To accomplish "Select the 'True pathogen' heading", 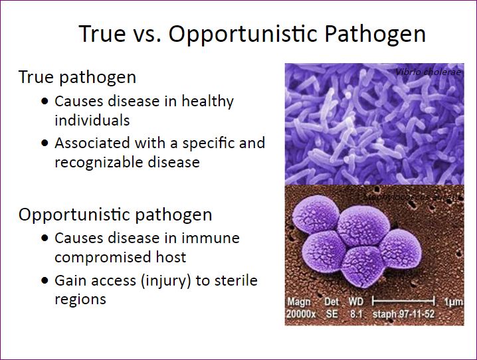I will pos(77,77).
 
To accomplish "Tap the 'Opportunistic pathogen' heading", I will pos(115,215).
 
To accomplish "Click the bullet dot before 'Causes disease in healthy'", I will pos(45,102).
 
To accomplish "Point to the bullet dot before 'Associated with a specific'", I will pos(45,143).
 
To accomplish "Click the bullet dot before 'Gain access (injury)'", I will pos(45,281).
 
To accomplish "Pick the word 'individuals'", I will pos(92,120).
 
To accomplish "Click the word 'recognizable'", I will pos(102,161).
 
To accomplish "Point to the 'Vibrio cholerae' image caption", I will pos(428,72).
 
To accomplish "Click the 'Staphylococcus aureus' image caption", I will pos(412,197).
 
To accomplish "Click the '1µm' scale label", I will pos(454,302).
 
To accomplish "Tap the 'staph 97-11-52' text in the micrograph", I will pos(408,314).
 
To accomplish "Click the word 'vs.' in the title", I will pos(143,34).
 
